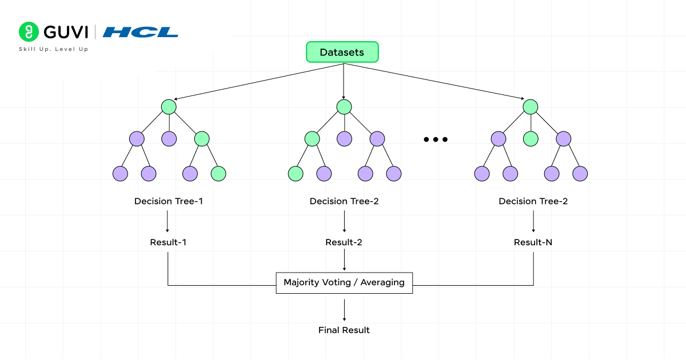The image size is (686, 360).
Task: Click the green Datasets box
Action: pyautogui.click(x=342, y=52)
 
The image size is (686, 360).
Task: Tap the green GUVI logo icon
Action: pyautogui.click(x=27, y=31)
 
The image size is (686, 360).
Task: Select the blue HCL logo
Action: pyautogui.click(x=140, y=32)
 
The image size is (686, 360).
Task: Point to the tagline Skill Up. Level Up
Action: pyautogui.click(x=54, y=49)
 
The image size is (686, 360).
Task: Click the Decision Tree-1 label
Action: pyautogui.click(x=168, y=201)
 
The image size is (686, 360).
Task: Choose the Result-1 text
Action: pyautogui.click(x=168, y=242)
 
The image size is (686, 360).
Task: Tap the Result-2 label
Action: pyautogui.click(x=344, y=242)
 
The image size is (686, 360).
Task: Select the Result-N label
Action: pyautogui.click(x=533, y=242)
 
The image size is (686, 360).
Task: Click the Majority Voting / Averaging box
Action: pyautogui.click(x=344, y=282)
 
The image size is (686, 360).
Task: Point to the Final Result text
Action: pyautogui.click(x=344, y=330)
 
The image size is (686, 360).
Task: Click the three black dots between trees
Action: pyautogui.click(x=436, y=139)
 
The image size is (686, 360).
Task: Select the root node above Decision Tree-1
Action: pyautogui.click(x=168, y=107)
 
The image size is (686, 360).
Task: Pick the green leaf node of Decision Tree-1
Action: pyautogui.click(x=218, y=174)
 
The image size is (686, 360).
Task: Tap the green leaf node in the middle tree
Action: pyautogui.click(x=296, y=174)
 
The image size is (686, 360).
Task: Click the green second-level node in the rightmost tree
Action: pyautogui.click(x=531, y=139)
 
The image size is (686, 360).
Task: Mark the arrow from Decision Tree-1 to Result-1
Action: pyautogui.click(x=167, y=221)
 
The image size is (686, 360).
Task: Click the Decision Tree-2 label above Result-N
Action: pyautogui.click(x=533, y=201)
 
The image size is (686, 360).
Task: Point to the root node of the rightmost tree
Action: pyautogui.click(x=531, y=107)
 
